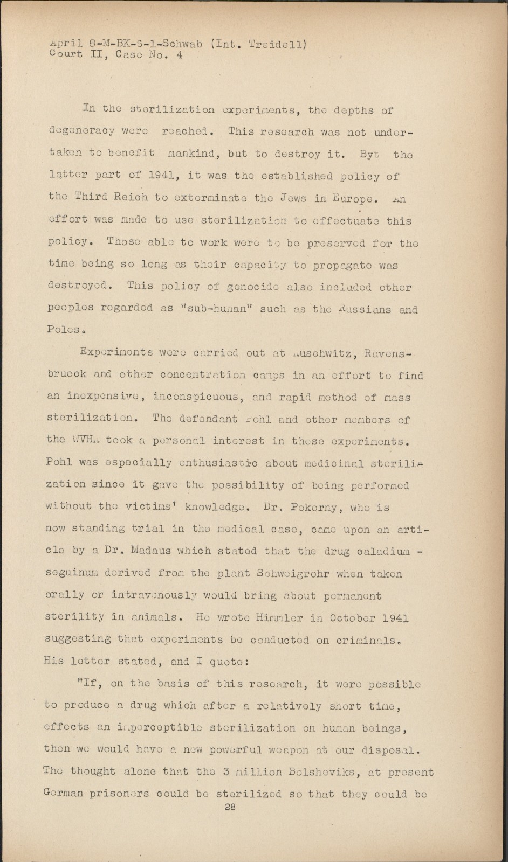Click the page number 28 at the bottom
coord(231,807)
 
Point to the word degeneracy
coord(79,132)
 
